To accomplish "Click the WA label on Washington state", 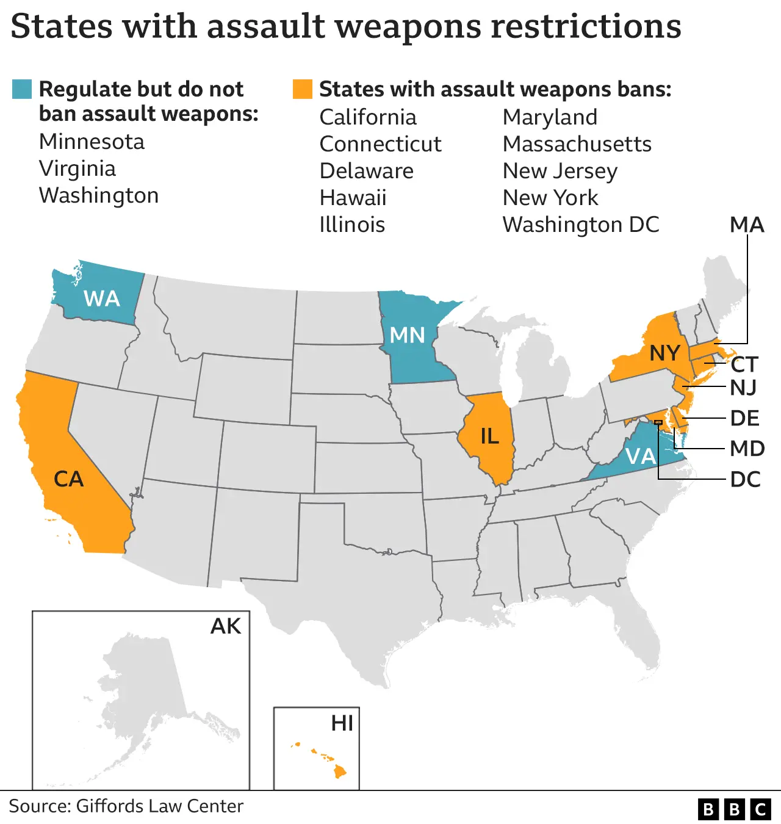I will pos(102,298).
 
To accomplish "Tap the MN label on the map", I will pos(407,335).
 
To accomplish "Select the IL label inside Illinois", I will pos(489,436).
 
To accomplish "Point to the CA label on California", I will pos(68,479).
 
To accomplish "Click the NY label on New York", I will pos(664,353).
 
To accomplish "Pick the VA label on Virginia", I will pos(641,456).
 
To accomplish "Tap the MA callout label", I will pos(747,225).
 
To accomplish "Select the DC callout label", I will pos(745,480).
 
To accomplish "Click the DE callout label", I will pos(744,419).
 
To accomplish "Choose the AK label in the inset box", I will pos(226,626).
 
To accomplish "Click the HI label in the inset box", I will pos(342,723).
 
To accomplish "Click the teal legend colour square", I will pos(22,89).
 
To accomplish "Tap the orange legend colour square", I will pos(303,89).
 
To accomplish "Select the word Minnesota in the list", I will pos(92,142).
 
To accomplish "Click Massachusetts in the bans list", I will pos(577,144).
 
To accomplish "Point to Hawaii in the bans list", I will pos(353,198).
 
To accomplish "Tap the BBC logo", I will pos(734,809).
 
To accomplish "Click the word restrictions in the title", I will pos(586,27).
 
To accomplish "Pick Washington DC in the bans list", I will pos(580,225).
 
